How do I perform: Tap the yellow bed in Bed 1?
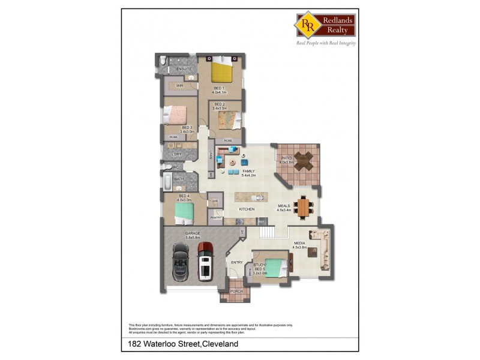point(220,72)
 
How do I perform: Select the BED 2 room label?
point(219,104)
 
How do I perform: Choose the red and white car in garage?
point(206,260)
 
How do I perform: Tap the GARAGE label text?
point(193,233)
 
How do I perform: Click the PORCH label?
point(236,290)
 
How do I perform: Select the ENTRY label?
point(237,262)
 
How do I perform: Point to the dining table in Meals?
point(303,207)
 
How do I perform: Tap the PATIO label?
point(286,158)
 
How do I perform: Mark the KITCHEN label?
point(247,209)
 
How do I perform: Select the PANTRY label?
point(216,218)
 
